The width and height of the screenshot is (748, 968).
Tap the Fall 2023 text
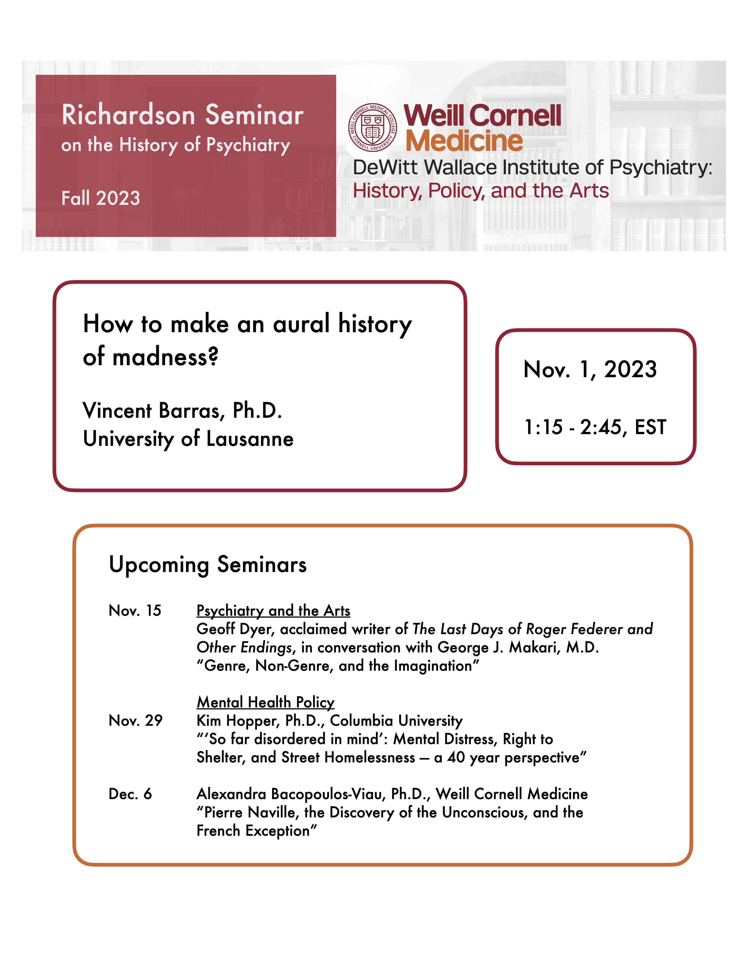(101, 198)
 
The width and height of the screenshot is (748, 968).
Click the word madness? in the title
(165, 357)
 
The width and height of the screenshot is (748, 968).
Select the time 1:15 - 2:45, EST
(595, 427)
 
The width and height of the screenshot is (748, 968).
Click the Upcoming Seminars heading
(207, 565)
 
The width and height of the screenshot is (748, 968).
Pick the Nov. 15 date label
(135, 611)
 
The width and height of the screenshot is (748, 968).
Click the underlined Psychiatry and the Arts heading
(273, 611)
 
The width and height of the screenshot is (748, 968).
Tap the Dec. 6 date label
(130, 794)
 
